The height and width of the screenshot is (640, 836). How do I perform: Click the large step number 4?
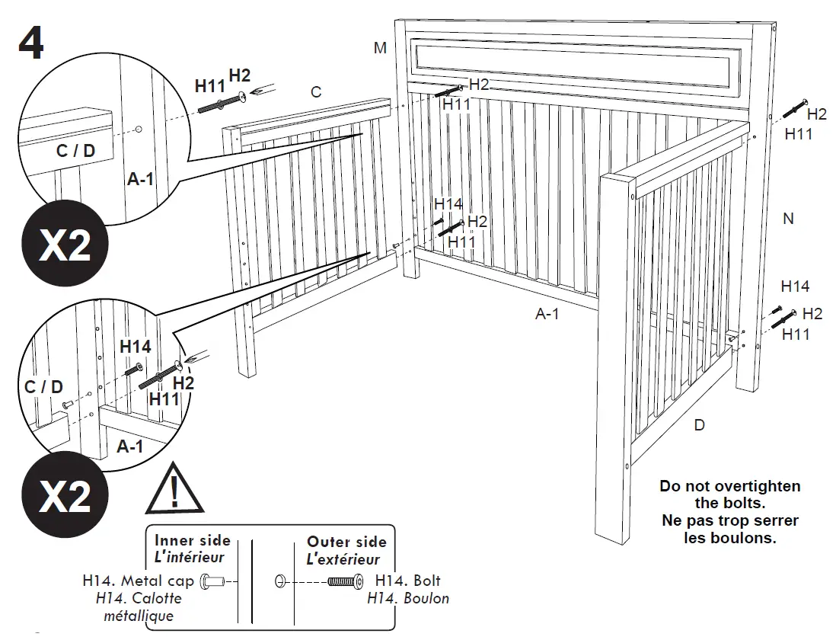point(30,44)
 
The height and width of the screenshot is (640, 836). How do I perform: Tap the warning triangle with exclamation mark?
point(175,490)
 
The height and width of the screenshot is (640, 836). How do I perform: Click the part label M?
point(380,48)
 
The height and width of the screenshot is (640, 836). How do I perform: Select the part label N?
point(788,219)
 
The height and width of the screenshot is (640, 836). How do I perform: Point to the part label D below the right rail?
point(699,425)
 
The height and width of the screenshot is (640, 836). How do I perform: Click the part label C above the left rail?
point(316,92)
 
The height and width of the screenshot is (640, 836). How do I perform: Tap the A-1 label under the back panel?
point(547,314)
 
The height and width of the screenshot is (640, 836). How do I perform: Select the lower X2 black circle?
point(65,496)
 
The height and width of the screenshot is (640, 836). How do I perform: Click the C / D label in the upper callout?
point(75,151)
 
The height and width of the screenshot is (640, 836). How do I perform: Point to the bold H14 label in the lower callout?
point(136,347)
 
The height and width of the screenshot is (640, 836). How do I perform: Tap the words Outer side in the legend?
point(346,542)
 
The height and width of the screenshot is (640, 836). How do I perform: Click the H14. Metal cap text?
point(138,581)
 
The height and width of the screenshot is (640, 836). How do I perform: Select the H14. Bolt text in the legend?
point(408,581)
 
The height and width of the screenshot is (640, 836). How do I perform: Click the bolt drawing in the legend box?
point(343,582)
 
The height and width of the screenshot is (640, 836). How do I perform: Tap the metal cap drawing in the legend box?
point(213,582)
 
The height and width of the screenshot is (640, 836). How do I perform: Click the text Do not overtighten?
point(729,486)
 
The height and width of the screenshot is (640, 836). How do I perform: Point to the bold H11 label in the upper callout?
point(210,86)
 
